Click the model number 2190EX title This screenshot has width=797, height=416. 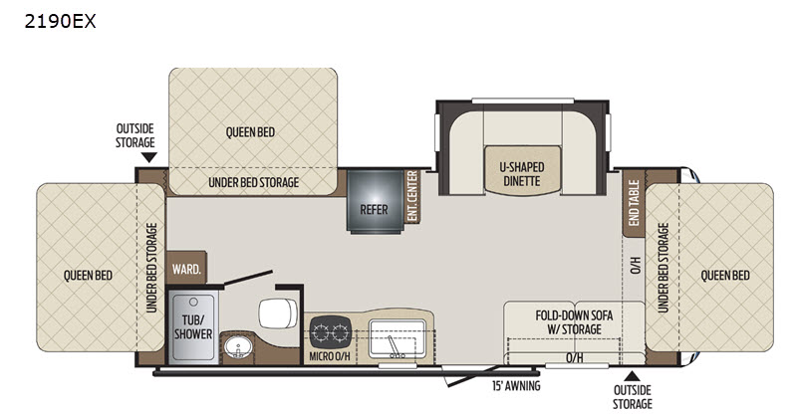[60, 21]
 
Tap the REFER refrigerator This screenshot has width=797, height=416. [376, 202]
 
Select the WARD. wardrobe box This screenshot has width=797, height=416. [186, 268]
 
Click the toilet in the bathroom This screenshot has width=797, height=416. [278, 313]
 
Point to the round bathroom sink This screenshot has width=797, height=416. [238, 347]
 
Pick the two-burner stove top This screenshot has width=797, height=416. [331, 332]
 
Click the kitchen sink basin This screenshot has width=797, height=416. [397, 338]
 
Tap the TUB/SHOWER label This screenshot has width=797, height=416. [193, 326]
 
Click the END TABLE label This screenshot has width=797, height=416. [634, 202]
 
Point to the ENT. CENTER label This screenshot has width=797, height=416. [412, 196]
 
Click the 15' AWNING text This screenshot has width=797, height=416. [516, 386]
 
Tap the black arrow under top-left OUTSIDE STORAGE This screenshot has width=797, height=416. [148, 157]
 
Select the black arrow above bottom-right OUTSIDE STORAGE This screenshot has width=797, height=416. [632, 376]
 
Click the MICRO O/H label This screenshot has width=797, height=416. [330, 356]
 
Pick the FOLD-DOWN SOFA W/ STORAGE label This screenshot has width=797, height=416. [575, 322]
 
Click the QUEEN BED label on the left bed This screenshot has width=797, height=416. [88, 276]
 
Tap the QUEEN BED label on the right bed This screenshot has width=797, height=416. [725, 276]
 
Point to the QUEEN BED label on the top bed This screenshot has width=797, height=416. [251, 132]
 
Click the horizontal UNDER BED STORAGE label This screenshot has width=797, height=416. [254, 182]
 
